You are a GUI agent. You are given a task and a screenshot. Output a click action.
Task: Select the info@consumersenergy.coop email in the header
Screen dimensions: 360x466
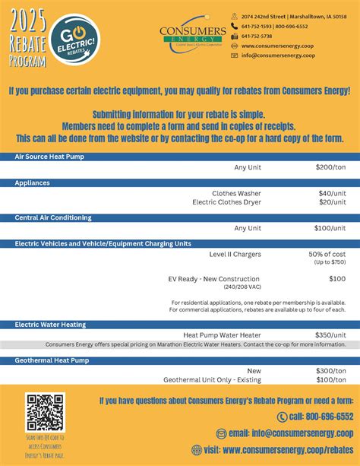point(278,55)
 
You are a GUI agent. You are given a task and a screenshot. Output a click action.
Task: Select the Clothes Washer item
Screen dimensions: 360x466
point(236,193)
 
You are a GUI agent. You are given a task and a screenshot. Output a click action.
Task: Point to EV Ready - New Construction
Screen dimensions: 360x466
point(214,279)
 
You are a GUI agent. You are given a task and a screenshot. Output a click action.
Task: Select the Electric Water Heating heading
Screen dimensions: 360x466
point(50,324)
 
